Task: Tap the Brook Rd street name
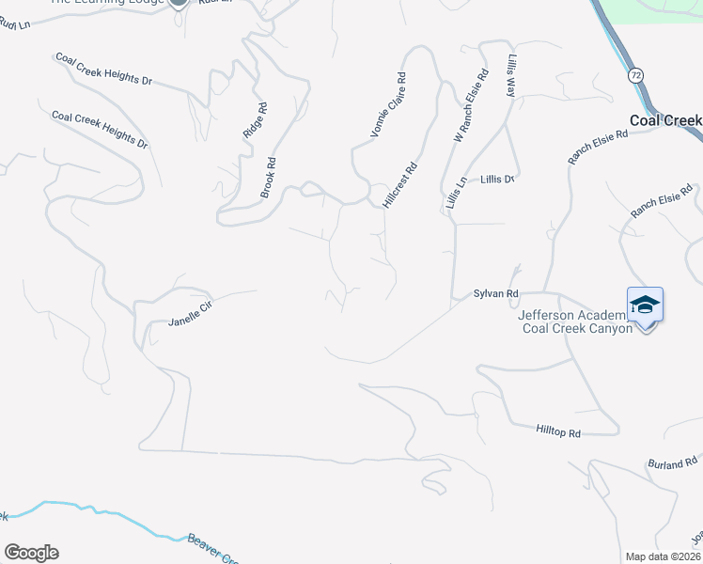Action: [x=269, y=176]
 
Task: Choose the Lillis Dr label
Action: [x=499, y=179]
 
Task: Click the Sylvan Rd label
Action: [x=496, y=294]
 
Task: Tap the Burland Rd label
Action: [x=673, y=462]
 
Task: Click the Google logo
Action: [x=30, y=553]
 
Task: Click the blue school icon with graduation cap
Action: [x=646, y=305]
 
